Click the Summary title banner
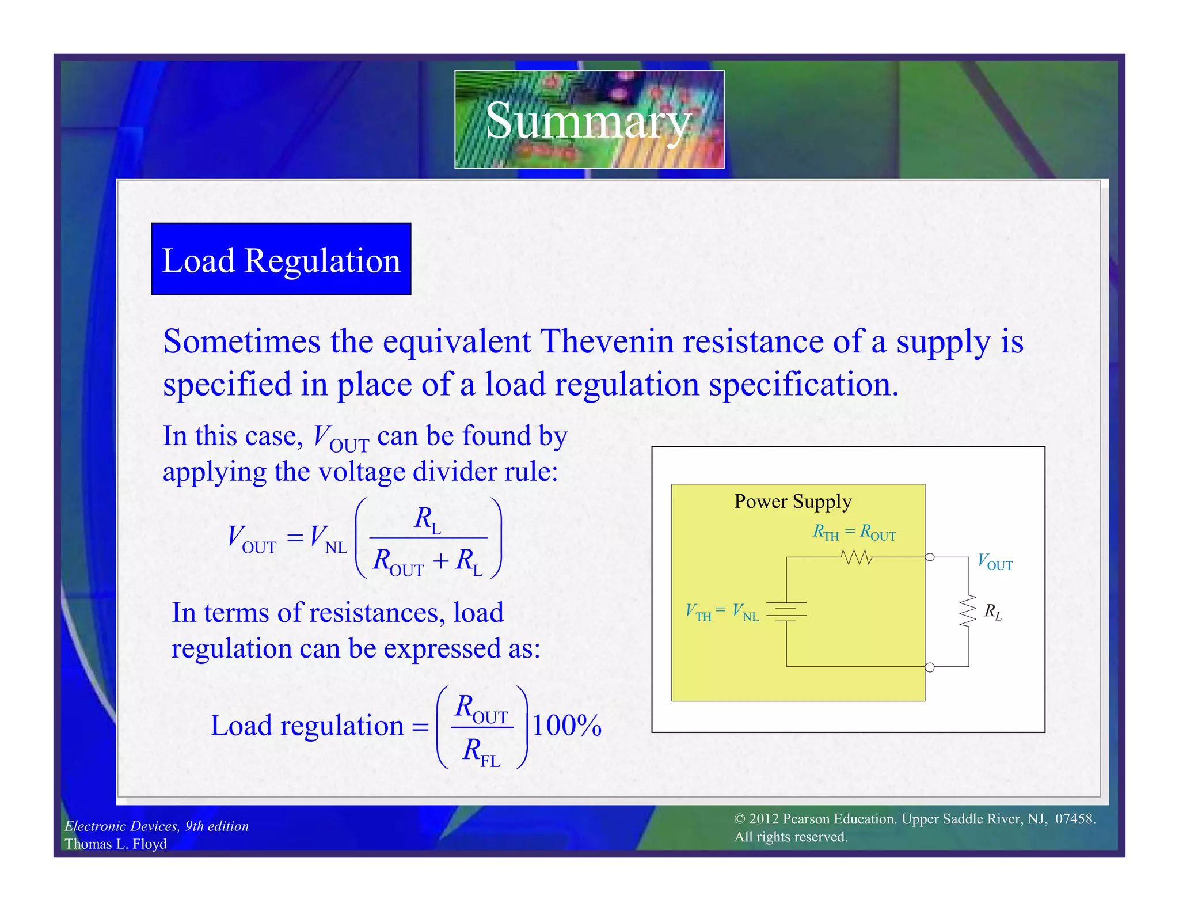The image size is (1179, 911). (589, 120)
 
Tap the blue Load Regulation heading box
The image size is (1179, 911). (281, 260)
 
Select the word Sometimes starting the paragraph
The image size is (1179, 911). (241, 341)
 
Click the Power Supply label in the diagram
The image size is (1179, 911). (792, 502)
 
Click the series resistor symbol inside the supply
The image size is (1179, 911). (856, 557)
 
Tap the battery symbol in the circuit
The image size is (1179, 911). (786, 612)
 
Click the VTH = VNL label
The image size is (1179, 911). (722, 612)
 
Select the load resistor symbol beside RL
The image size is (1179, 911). (968, 611)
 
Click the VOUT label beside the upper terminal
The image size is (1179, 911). (995, 562)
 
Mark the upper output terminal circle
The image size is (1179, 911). (929, 557)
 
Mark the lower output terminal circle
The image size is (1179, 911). (929, 667)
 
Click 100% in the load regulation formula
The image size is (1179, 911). (566, 726)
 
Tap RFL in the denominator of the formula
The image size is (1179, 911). (481, 751)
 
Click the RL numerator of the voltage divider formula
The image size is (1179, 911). (427, 519)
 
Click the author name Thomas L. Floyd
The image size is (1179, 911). (116, 844)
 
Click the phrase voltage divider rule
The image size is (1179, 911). (437, 472)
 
